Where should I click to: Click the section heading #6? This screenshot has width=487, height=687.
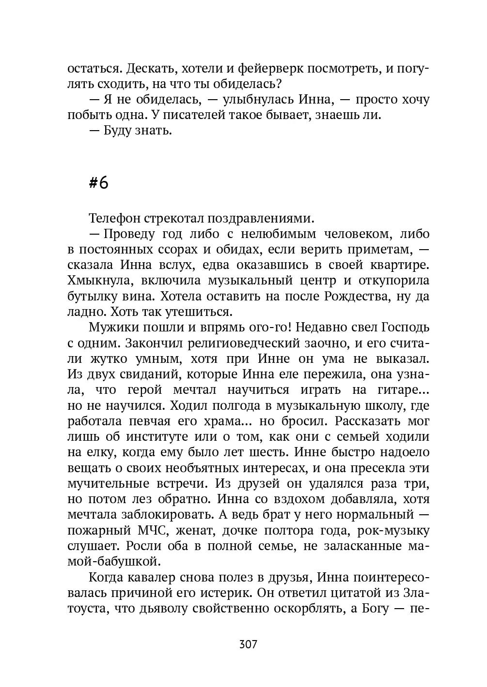[99, 182]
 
